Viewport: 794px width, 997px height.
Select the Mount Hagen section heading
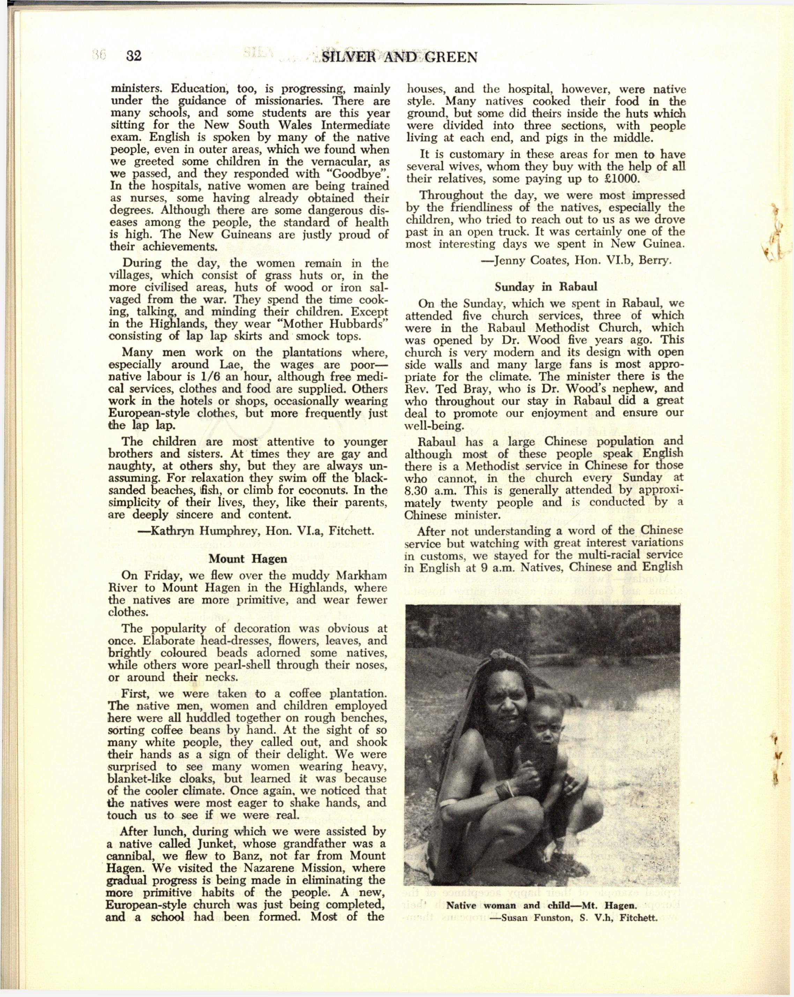[x=247, y=559]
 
